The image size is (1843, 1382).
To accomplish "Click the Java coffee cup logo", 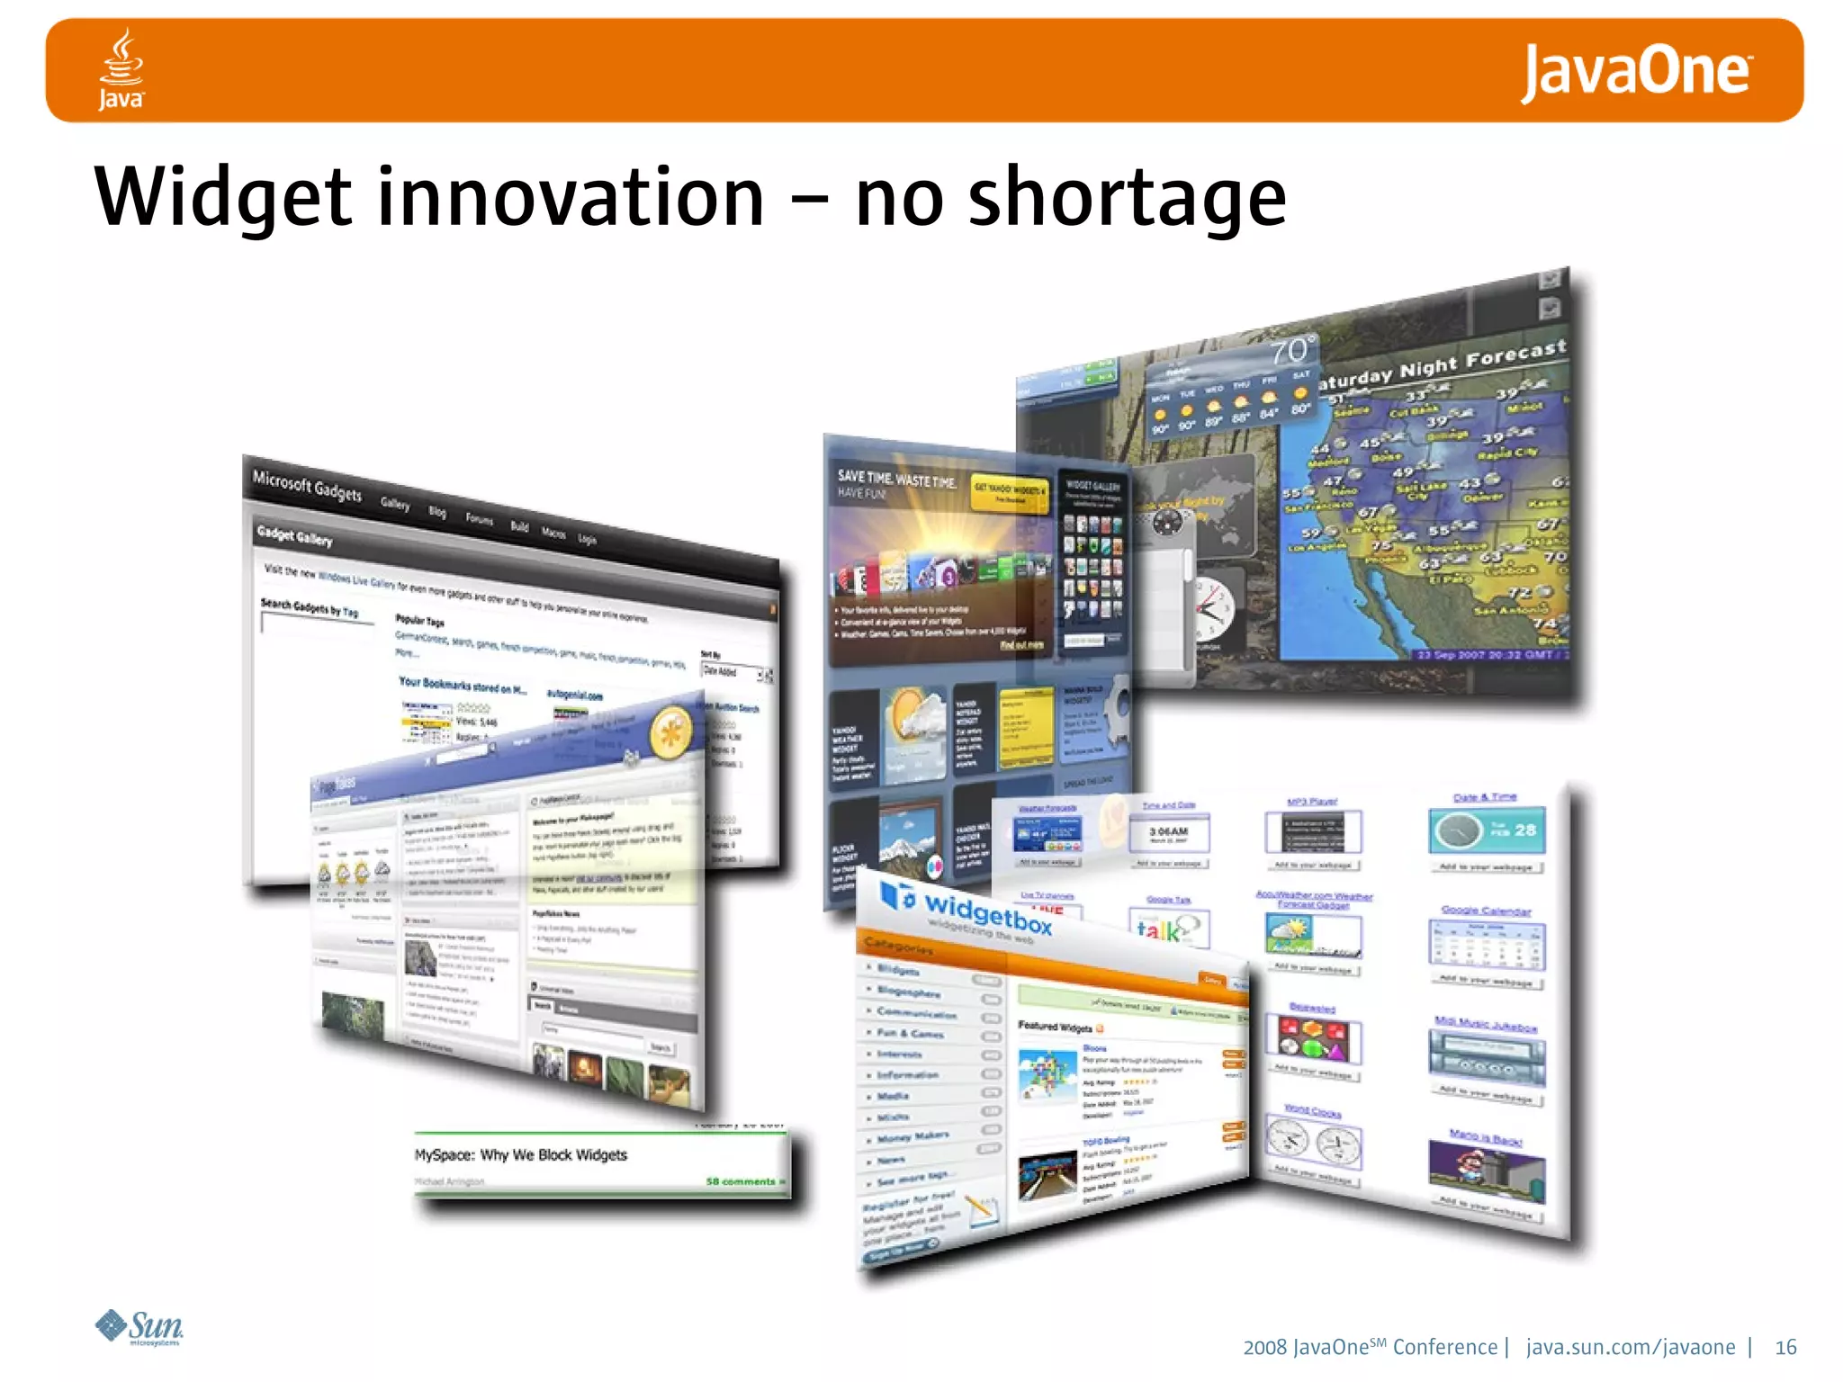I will (x=121, y=68).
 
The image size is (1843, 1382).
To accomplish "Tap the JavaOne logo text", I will (x=1636, y=72).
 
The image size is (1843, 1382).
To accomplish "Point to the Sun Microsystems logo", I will (x=139, y=1327).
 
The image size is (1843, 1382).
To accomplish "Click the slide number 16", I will (x=1785, y=1347).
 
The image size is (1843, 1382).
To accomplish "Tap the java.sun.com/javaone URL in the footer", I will (x=1631, y=1347).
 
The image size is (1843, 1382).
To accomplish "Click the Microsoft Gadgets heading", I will (x=307, y=486).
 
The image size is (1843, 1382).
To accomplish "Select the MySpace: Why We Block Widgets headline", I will (x=520, y=1154).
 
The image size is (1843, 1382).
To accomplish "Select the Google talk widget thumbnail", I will (x=1168, y=928).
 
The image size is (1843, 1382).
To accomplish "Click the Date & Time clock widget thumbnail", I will (x=1486, y=830).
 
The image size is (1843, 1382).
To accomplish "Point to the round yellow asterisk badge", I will (x=670, y=732).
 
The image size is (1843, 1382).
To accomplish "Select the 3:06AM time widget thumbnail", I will (x=1168, y=833).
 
